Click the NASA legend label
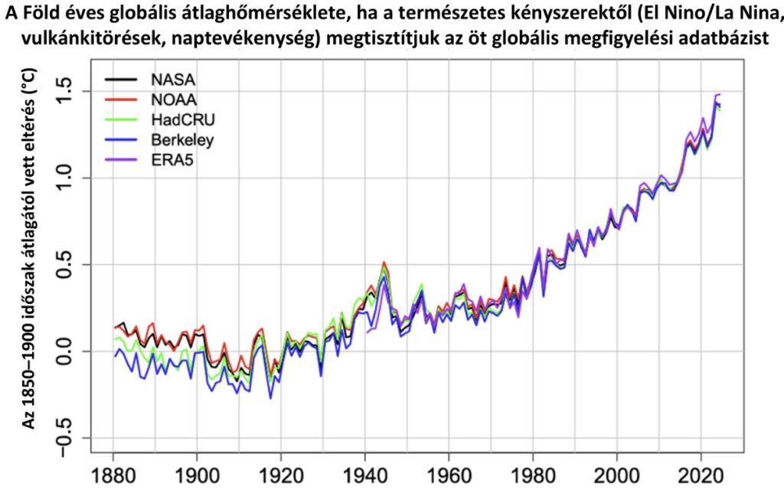pyautogui.click(x=173, y=79)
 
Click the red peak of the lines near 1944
pyautogui.click(x=384, y=263)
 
